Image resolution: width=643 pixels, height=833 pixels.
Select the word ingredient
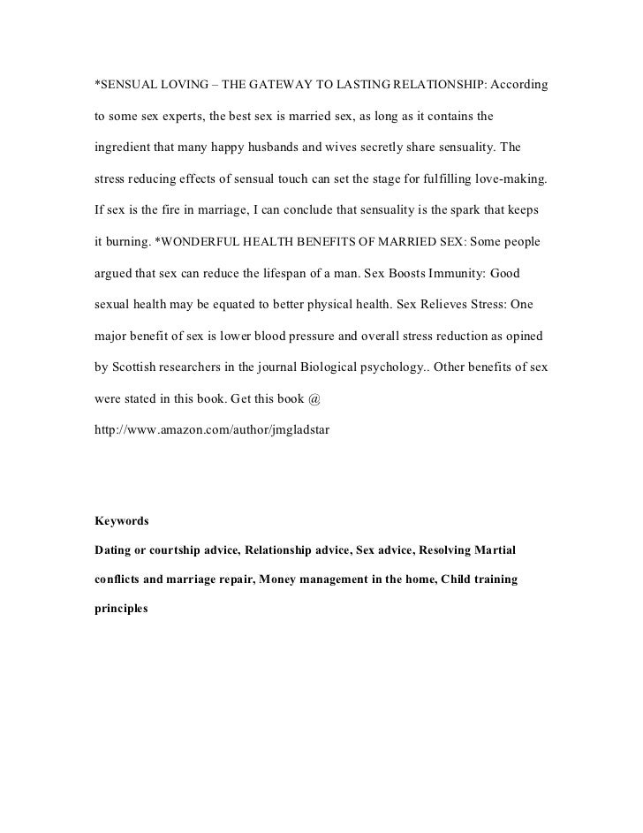pyautogui.click(x=125, y=148)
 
